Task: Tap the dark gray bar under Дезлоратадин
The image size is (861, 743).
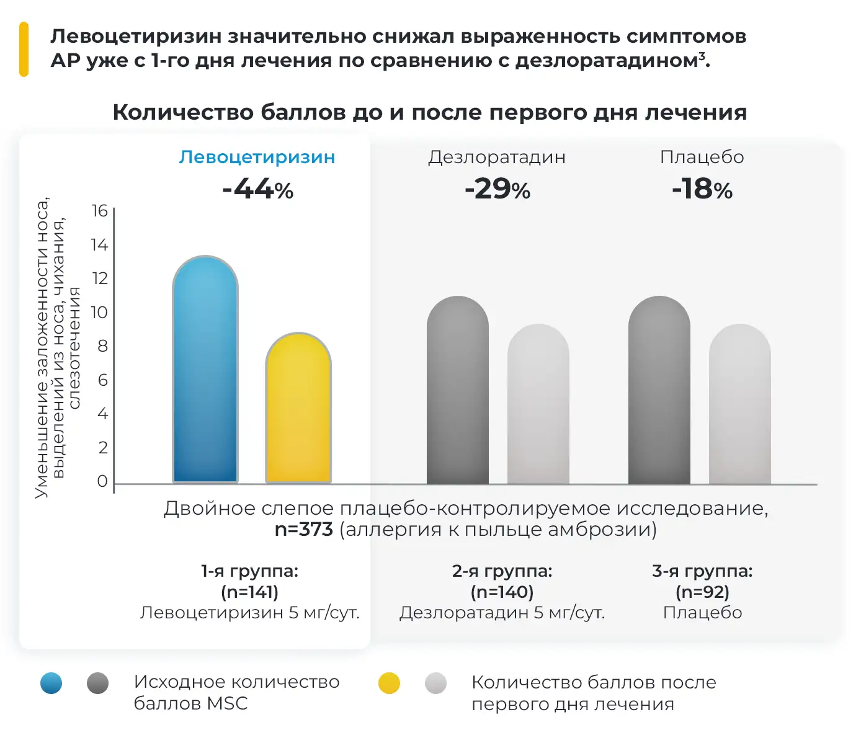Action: coord(458,390)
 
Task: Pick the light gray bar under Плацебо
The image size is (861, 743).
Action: coord(739,404)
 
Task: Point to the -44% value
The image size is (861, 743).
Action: coord(257,189)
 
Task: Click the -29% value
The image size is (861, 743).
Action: coord(497,189)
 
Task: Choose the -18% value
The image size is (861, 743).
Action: coord(702,189)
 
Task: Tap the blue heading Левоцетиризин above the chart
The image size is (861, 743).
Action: coord(257,158)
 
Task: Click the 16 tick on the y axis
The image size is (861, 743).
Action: coord(99,211)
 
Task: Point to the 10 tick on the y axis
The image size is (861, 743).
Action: coord(99,313)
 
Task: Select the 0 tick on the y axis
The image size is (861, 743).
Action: coord(102,481)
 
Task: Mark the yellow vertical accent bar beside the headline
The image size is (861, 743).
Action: coord(24,49)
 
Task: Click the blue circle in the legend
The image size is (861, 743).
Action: coord(51,683)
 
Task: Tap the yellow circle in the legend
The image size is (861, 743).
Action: coord(389,683)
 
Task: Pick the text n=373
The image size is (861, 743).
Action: coord(304,530)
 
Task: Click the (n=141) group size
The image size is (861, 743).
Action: coord(249,592)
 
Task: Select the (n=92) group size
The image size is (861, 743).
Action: coord(702,592)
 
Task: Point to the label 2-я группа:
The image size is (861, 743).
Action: coord(502,571)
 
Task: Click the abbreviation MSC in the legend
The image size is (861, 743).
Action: coord(227,703)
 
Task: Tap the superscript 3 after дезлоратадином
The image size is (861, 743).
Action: coord(702,56)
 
